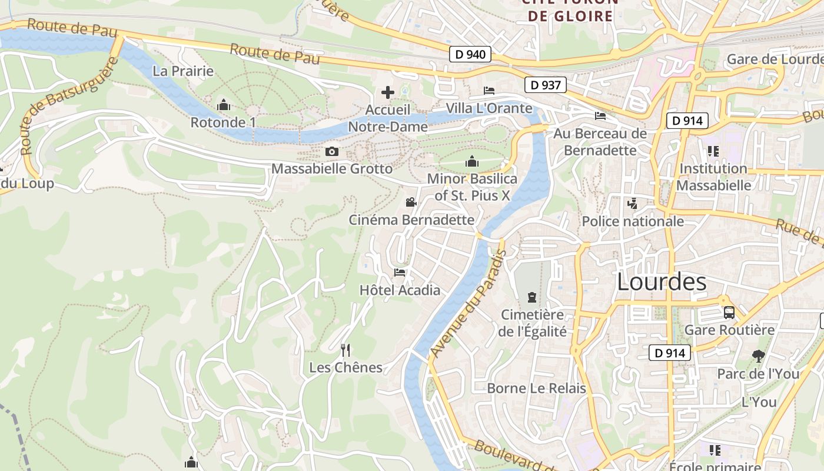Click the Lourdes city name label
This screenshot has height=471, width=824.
[662, 282]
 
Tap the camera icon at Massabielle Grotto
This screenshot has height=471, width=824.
[332, 151]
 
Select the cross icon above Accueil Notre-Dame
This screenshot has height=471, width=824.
[388, 92]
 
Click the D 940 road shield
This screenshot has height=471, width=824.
[471, 55]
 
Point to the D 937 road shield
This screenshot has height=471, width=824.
[546, 85]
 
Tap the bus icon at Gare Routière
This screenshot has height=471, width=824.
[729, 313]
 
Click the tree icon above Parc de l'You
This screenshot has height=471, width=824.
[758, 356]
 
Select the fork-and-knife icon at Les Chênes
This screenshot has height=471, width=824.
[345, 350]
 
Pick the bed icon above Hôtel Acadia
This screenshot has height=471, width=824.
[400, 272]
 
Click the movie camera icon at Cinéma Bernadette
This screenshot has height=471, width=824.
[411, 203]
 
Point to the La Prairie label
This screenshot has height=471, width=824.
[183, 71]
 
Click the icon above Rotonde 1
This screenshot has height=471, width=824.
[223, 105]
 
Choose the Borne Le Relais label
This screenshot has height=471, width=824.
[536, 388]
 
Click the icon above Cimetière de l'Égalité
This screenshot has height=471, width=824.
[532, 297]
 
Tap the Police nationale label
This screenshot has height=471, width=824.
[633, 221]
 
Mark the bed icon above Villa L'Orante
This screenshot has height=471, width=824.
[489, 91]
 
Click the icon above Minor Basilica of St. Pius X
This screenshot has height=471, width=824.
[472, 161]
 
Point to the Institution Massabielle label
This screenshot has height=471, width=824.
[713, 177]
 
